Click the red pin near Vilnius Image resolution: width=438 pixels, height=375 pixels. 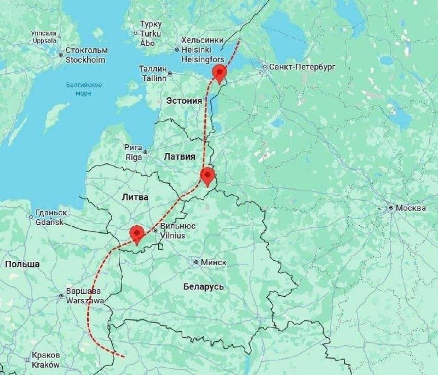[x=136, y=234]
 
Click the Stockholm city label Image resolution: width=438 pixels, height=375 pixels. [x=86, y=55]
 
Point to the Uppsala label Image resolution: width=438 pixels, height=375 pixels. [x=44, y=37]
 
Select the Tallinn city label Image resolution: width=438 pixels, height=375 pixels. [x=152, y=73]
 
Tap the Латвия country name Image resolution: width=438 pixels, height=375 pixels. [x=179, y=156]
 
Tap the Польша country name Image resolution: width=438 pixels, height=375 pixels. [x=22, y=264]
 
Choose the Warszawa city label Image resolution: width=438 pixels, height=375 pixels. [x=82, y=296]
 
